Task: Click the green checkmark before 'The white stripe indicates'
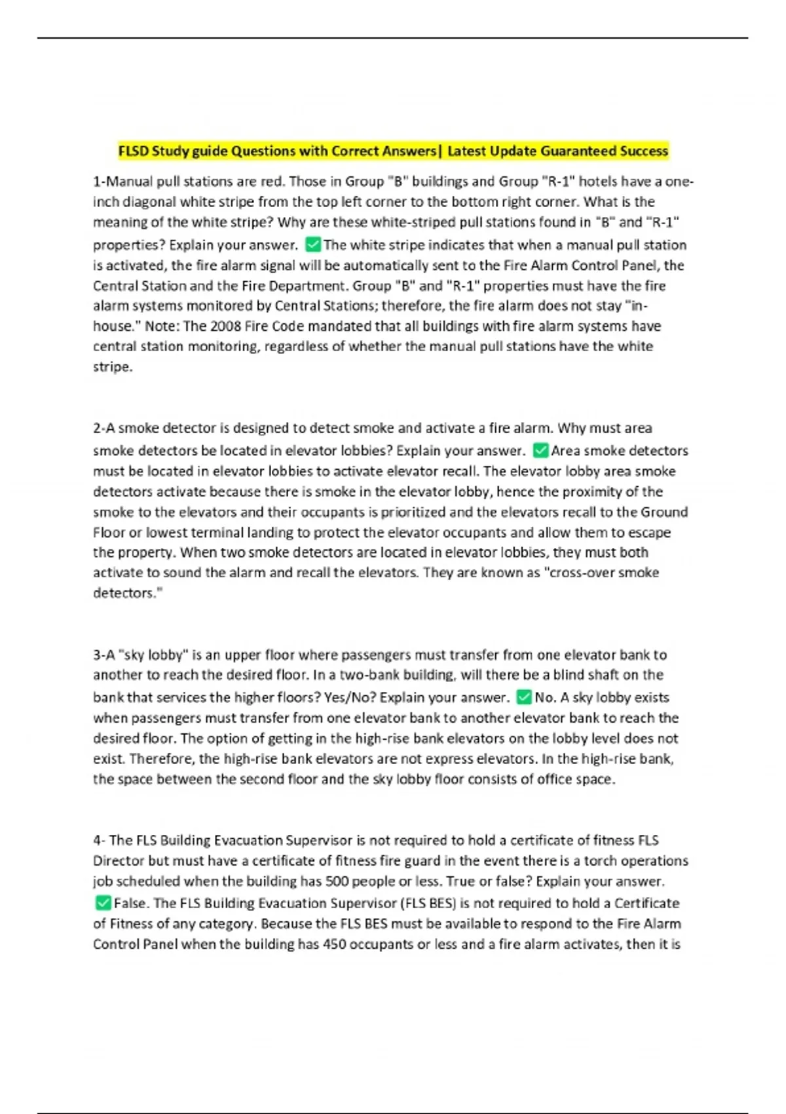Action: [x=313, y=245]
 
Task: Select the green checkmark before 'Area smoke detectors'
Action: [x=540, y=450]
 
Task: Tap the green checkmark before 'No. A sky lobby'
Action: [x=523, y=697]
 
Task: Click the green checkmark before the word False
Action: [x=103, y=903]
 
